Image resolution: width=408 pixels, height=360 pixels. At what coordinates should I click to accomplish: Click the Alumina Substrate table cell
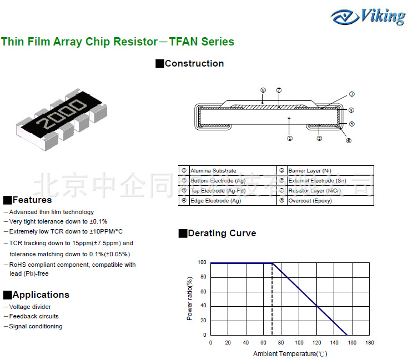213,171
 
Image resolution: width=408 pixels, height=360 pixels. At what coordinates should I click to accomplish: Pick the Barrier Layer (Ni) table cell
310,171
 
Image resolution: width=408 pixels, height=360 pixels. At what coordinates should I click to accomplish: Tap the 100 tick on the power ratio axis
202,262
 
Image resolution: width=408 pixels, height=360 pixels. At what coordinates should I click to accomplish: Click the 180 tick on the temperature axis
370,343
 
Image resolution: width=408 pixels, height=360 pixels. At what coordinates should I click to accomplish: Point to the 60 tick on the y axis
203,291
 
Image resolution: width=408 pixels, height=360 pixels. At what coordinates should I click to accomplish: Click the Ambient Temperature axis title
290,353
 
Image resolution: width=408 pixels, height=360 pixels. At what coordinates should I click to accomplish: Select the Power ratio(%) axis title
189,298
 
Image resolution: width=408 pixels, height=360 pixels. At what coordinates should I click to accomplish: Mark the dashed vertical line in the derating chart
272,300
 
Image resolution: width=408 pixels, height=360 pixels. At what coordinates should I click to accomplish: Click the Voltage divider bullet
30,307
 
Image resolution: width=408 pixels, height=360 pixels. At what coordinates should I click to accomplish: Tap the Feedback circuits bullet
33,316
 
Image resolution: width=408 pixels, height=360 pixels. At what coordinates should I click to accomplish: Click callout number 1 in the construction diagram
290,138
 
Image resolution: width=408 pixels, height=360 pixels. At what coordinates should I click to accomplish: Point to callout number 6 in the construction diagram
349,140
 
